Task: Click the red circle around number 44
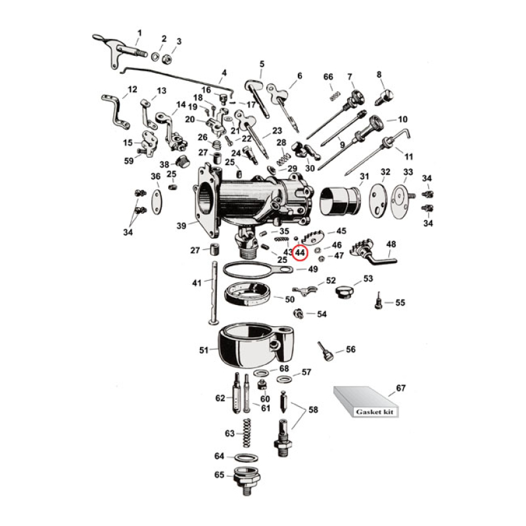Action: point(300,252)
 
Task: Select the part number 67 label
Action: point(400,388)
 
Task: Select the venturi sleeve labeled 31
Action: point(341,200)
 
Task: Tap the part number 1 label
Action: point(139,32)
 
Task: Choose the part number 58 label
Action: point(313,410)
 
